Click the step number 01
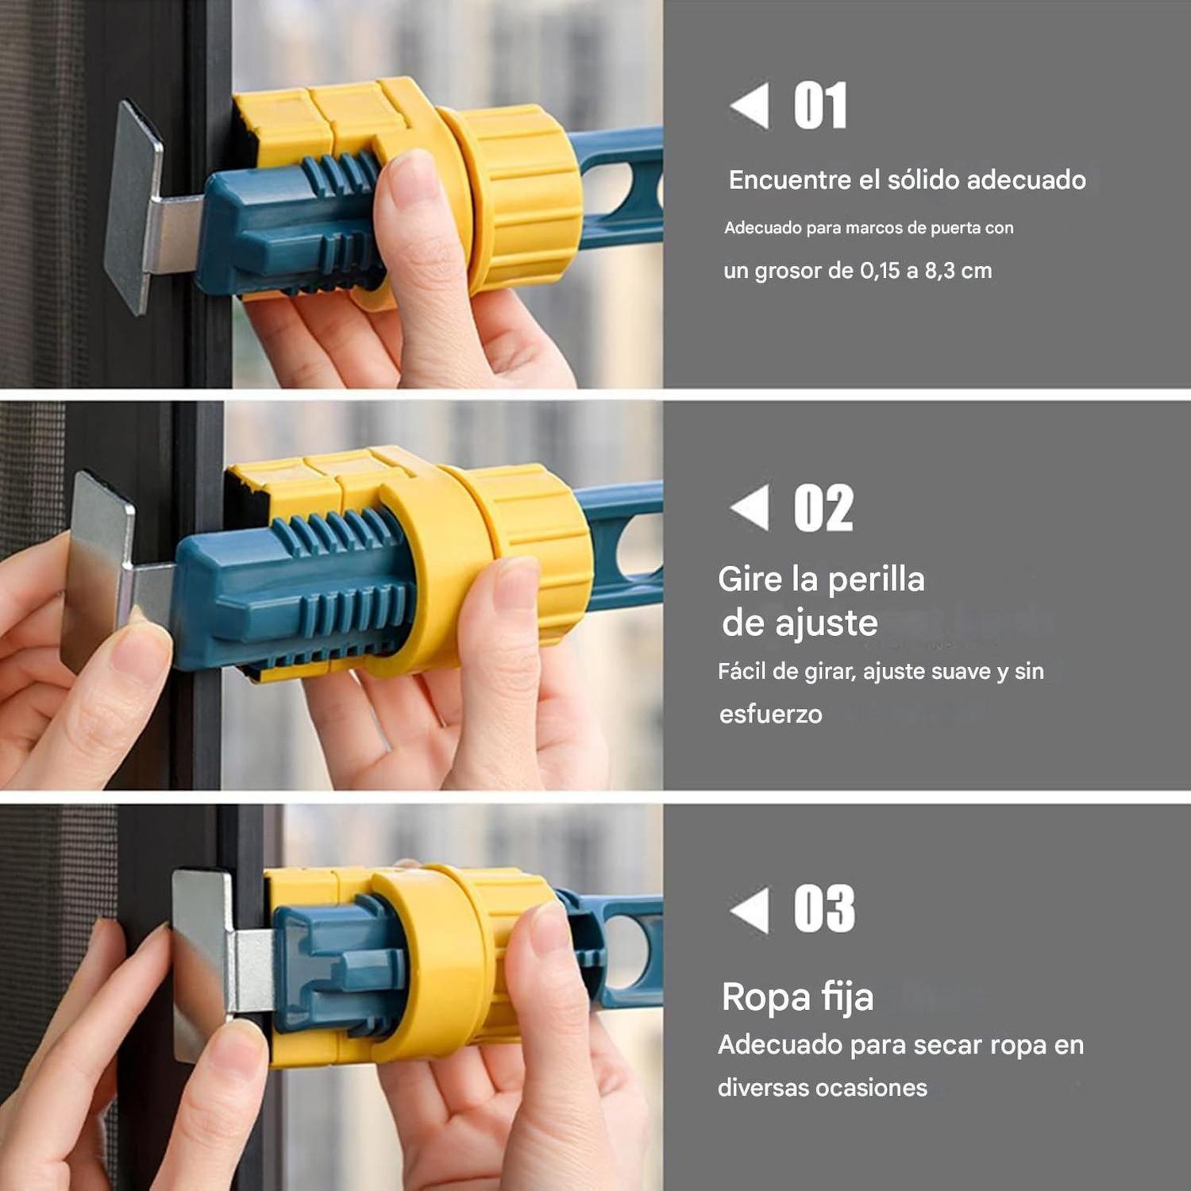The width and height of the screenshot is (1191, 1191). pos(820,106)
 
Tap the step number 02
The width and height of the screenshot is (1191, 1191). pos(823,508)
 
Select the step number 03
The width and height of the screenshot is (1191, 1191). pos(824,909)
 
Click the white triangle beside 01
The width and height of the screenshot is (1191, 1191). pos(750,105)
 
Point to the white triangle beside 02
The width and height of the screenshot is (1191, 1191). pos(750,507)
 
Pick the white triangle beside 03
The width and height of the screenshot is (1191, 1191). pos(750,909)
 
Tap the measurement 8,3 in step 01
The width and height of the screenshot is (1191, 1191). pos(939,271)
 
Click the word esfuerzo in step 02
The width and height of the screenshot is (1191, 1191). pos(770,714)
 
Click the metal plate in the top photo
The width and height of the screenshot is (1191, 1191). pos(133,208)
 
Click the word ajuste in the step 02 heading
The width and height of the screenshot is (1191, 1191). pos(826,623)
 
